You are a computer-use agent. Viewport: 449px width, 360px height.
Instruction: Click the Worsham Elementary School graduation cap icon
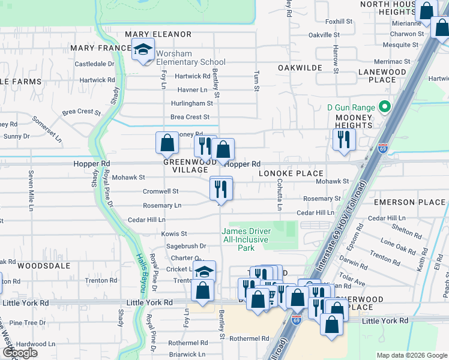coord(143,50)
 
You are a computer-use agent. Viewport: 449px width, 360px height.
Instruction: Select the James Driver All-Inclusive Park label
coord(247,239)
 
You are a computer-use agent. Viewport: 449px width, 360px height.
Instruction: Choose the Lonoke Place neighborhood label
coord(291,173)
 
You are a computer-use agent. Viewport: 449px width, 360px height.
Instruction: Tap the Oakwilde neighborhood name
coord(300,68)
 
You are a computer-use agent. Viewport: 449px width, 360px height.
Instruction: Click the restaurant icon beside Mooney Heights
coord(344,140)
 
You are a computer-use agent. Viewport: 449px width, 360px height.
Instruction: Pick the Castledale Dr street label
coord(94,64)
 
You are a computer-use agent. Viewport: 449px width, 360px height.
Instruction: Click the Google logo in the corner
coord(20,353)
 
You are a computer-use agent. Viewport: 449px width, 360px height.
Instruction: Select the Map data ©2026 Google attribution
coord(412,355)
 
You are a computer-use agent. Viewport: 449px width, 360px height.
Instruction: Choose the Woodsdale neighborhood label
coord(44,265)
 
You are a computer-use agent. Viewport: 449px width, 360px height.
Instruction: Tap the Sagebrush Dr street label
coord(186,246)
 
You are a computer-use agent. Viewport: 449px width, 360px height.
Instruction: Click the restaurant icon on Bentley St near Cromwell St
coord(221,189)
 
